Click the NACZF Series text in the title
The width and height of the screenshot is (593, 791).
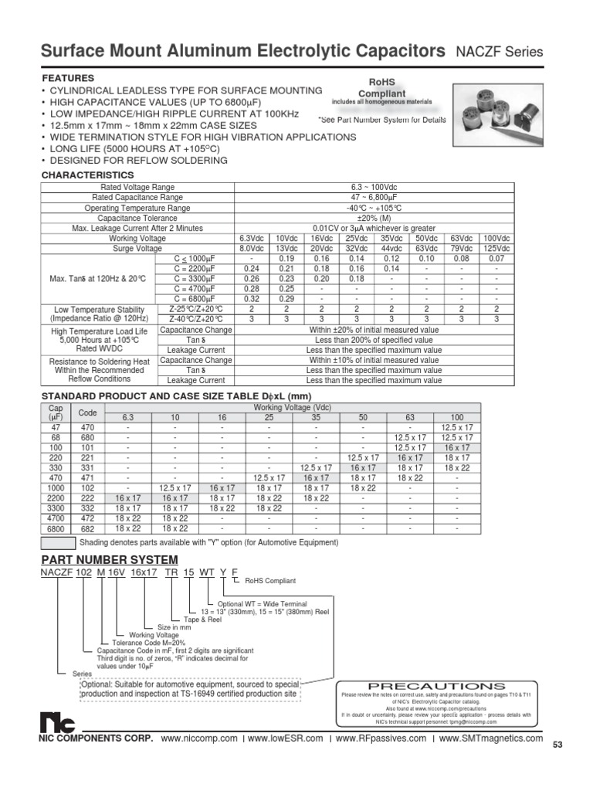pos(500,53)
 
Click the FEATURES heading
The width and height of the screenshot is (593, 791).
pos(68,79)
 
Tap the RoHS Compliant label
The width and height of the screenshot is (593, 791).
pos(378,87)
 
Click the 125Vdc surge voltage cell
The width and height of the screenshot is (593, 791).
pos(496,250)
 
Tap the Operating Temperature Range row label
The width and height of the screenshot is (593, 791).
pos(137,209)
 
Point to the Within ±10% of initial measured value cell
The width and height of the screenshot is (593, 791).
pos(374,361)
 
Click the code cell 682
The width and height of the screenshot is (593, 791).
pos(87,528)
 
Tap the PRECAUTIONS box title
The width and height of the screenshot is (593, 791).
pos(436,686)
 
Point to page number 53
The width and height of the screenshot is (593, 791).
pos(559,745)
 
